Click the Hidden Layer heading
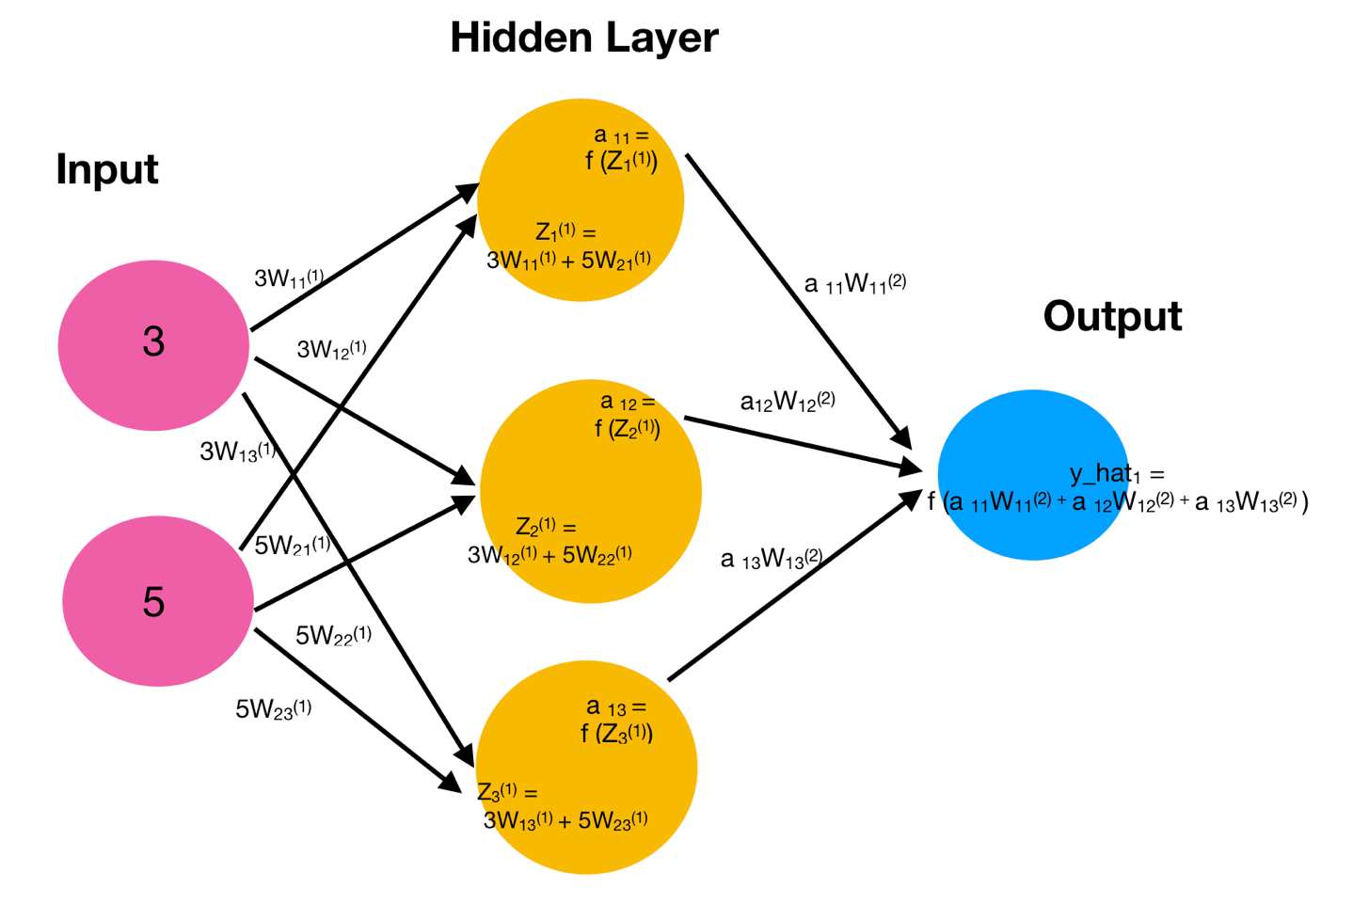point(583,38)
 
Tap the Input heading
point(107,169)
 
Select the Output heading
point(1112,316)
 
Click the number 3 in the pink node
point(153,341)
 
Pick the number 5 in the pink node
point(153,602)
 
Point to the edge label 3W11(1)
point(289,278)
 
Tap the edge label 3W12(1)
point(331,350)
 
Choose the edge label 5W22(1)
point(333,636)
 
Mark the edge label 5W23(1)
point(273,709)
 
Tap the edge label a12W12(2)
point(788,402)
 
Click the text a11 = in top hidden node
point(621,136)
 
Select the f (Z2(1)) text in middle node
point(627,429)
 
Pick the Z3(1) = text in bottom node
point(507,792)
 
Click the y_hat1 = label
point(1117,474)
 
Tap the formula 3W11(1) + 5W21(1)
point(568,260)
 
